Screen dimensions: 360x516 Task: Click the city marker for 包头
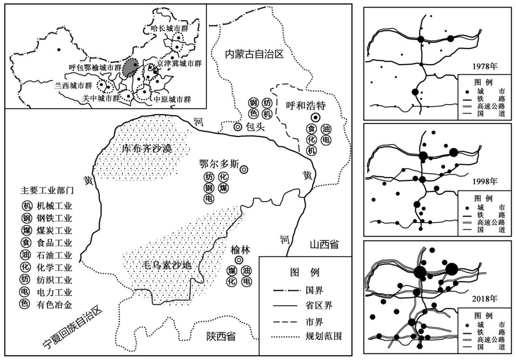[x=238, y=127]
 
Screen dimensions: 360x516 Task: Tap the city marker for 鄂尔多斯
[x=244, y=169]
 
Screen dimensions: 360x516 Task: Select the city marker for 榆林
[x=239, y=260]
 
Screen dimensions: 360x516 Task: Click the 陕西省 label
[x=218, y=336]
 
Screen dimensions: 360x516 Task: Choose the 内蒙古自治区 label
[x=255, y=54]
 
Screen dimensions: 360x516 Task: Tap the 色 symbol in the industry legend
[x=25, y=303]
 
